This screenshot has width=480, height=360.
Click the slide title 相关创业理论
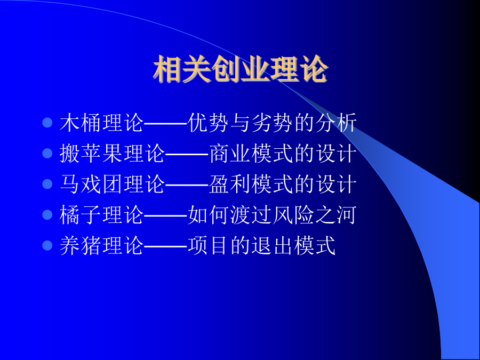pyautogui.click(x=241, y=69)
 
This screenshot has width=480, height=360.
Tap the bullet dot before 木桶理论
pyautogui.click(x=47, y=123)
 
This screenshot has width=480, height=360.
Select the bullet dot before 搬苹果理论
pyautogui.click(x=47, y=154)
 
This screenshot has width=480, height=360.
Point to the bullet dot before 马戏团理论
pyautogui.click(x=47, y=184)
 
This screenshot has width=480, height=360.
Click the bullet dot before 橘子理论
pyautogui.click(x=47, y=214)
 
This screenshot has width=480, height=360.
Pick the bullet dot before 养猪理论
pyautogui.click(x=47, y=245)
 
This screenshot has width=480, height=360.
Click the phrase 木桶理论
pyautogui.click(x=102, y=123)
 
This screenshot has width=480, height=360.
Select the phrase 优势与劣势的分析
pyautogui.click(x=272, y=123)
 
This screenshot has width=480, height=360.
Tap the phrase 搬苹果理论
pyautogui.click(x=113, y=154)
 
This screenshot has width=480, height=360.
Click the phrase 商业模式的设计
pyautogui.click(x=283, y=154)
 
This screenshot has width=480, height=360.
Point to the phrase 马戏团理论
pyautogui.click(x=113, y=184)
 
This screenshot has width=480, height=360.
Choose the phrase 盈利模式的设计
pyautogui.click(x=283, y=184)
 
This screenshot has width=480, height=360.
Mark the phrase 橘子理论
pyautogui.click(x=102, y=214)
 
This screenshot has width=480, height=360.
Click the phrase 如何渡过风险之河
pyautogui.click(x=272, y=214)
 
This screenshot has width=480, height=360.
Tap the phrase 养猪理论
pyautogui.click(x=102, y=245)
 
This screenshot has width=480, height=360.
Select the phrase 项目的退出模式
pyautogui.click(x=261, y=245)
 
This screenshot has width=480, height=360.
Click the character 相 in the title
pyautogui.click(x=167, y=69)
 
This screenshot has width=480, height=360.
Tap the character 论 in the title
pyautogui.click(x=314, y=69)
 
